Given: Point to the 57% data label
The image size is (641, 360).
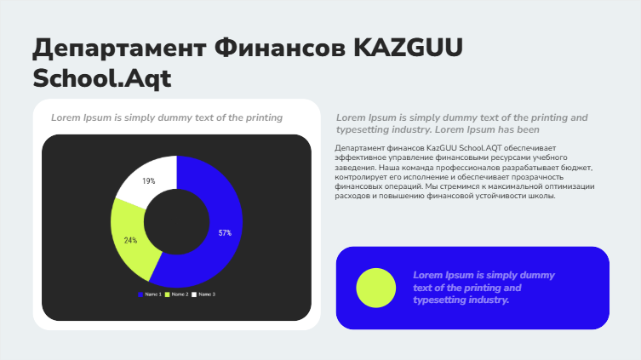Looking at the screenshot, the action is [x=225, y=233].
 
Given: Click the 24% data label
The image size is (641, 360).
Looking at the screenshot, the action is [x=130, y=240].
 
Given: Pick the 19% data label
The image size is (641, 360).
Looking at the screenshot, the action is [x=148, y=180].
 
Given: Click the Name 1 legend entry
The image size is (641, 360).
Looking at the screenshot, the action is [x=150, y=294].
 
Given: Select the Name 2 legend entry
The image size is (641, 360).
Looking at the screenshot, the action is [x=176, y=294].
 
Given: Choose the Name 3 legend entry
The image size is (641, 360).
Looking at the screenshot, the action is [x=203, y=294].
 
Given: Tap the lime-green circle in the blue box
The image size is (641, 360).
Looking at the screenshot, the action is [x=375, y=288].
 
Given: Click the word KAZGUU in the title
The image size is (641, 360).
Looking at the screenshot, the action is [x=408, y=48].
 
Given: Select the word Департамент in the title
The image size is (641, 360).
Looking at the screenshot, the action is [x=119, y=49].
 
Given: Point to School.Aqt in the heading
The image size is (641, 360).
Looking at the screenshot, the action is [x=102, y=78].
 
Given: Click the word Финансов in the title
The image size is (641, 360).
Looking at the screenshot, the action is [x=280, y=48].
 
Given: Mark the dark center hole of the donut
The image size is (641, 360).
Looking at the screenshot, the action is [x=176, y=222].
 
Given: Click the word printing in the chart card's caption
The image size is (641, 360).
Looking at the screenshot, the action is [x=264, y=118].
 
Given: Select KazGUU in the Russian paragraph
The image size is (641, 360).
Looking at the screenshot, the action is [x=442, y=148].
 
